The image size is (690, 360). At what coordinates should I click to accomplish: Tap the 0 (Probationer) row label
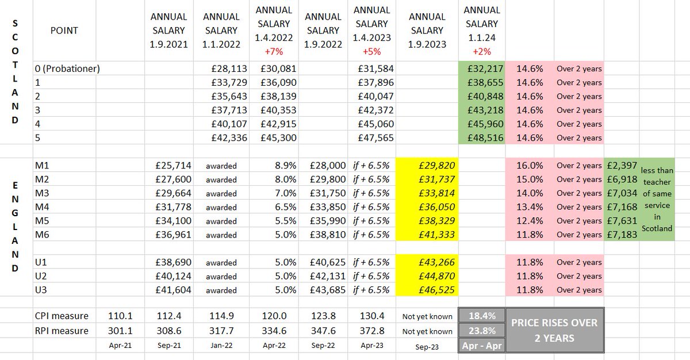tap(68, 68)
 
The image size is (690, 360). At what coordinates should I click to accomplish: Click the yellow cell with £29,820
tap(428, 165)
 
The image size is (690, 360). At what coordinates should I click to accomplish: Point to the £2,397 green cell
tap(622, 165)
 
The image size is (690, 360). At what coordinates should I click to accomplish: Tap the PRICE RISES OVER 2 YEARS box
tap(554, 331)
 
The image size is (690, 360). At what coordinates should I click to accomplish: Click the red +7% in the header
tap(274, 51)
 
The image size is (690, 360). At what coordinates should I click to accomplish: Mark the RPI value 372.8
tap(372, 331)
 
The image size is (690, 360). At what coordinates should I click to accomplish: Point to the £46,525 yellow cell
tap(428, 290)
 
